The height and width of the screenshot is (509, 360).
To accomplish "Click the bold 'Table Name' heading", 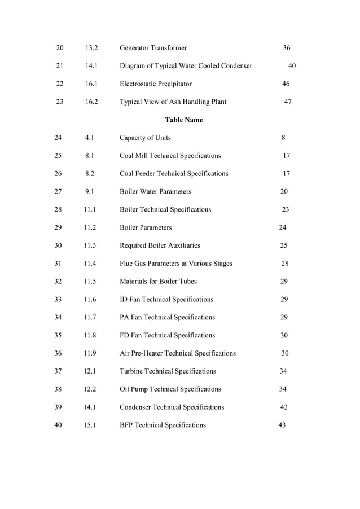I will [183, 120].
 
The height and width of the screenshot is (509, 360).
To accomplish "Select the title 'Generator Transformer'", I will [153, 48].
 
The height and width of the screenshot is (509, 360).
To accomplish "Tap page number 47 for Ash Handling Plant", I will [287, 102].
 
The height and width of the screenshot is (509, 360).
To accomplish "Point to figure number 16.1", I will [91, 84].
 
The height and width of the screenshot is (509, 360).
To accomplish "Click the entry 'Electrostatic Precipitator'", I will [155, 84].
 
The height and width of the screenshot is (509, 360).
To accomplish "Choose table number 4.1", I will [89, 138].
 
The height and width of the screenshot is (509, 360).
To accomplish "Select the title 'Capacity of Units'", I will [145, 138].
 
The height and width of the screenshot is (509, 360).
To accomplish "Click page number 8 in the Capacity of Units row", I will [283, 138].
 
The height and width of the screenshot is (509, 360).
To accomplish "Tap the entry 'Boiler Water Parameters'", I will [155, 191].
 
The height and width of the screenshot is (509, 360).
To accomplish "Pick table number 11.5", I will [90, 281].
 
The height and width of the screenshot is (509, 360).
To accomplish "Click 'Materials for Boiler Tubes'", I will [158, 281].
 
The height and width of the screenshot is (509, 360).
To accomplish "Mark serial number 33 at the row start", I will [58, 299].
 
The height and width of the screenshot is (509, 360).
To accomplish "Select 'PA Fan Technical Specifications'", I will [167, 317].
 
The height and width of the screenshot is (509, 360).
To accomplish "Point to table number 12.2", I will [90, 389].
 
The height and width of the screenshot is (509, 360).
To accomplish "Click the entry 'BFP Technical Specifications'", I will [163, 425].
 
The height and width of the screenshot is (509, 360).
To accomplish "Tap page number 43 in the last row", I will [282, 425].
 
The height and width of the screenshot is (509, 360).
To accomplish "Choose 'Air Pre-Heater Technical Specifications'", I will [178, 353].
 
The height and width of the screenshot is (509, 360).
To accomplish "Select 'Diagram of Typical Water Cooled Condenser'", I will [186, 66].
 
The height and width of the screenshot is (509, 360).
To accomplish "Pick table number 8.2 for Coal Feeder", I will [89, 173].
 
